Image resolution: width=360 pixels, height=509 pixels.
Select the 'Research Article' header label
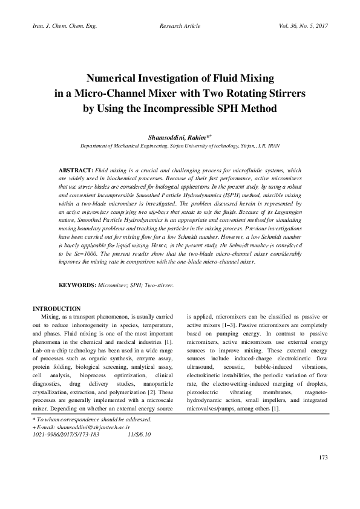point(180,27)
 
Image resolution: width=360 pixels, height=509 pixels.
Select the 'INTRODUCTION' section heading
point(56,309)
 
